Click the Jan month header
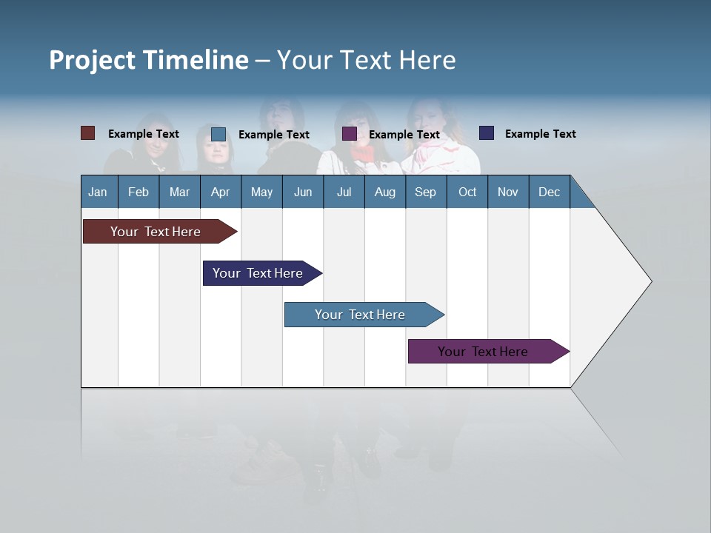click(x=98, y=192)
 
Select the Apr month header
click(x=220, y=192)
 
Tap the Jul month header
click(x=344, y=192)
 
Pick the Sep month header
click(x=425, y=192)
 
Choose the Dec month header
click(x=549, y=192)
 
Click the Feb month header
click(x=138, y=192)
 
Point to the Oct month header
click(x=467, y=192)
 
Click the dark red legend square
click(x=88, y=133)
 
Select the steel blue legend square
click(x=218, y=134)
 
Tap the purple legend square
click(x=350, y=134)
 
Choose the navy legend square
click(x=487, y=133)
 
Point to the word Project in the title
click(x=93, y=60)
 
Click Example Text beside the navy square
click(x=540, y=134)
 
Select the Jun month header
click(x=303, y=192)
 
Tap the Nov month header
click(x=508, y=192)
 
